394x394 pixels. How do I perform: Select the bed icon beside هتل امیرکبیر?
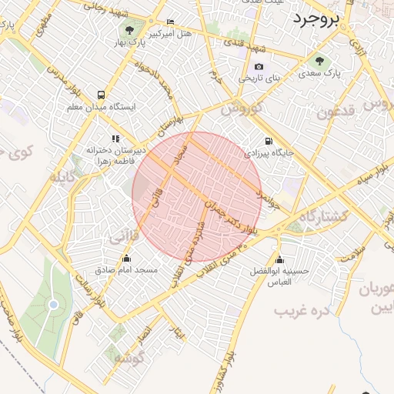170,22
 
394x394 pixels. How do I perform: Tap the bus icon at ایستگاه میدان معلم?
102,95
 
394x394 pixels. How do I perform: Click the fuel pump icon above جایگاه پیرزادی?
268,141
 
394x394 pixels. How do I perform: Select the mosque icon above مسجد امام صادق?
127,259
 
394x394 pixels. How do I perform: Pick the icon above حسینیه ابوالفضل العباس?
279,259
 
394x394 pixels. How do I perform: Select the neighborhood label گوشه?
129,359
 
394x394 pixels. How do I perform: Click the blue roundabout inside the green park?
53,306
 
